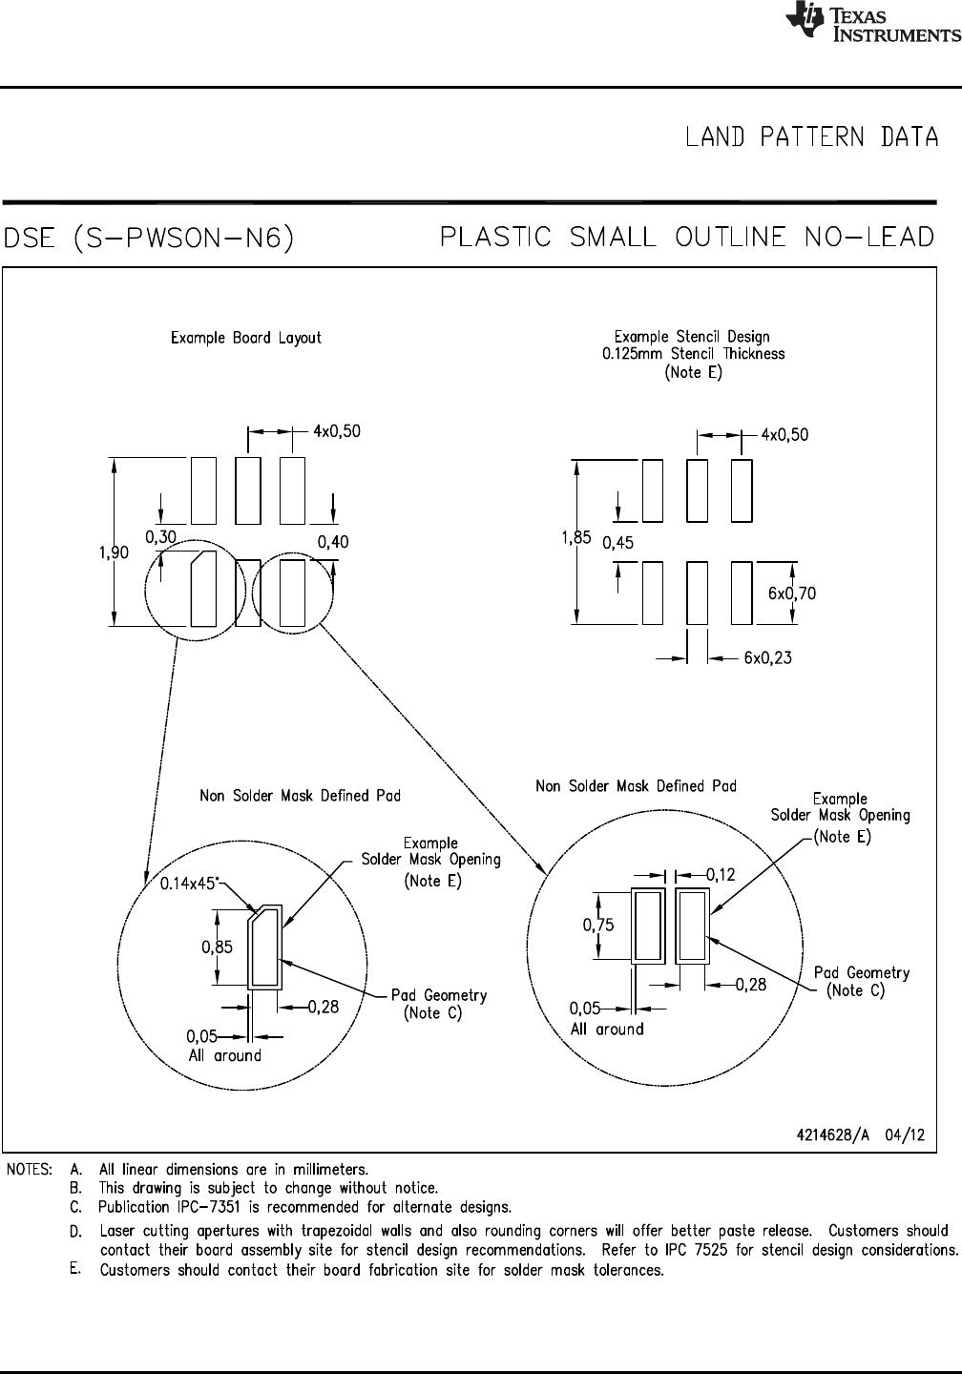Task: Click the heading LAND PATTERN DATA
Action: point(811,137)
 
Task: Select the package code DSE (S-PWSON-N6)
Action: point(149,238)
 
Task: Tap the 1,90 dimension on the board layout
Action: point(115,552)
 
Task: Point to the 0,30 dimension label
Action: point(160,537)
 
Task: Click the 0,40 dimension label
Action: point(333,542)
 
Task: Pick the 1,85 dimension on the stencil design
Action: point(575,538)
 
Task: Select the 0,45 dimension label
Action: point(619,543)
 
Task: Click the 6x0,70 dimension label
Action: point(792,593)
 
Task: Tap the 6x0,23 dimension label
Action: point(767,657)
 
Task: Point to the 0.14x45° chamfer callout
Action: point(189,885)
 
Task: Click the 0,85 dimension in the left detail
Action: point(217,947)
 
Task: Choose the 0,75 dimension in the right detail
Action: point(598,924)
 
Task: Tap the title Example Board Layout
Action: point(246,338)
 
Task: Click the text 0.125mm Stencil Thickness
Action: point(693,353)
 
